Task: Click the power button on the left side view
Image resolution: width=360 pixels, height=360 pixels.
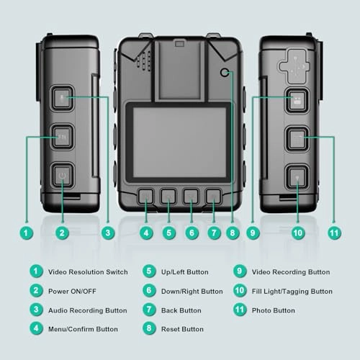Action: tap(62, 176)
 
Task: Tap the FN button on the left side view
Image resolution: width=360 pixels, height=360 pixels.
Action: tap(62, 137)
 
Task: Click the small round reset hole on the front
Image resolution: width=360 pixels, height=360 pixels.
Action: tap(225, 73)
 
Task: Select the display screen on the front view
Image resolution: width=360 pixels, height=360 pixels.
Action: tap(179, 143)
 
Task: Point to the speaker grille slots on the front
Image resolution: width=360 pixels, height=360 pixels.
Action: tap(144, 60)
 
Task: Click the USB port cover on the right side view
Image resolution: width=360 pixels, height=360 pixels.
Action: tap(292, 66)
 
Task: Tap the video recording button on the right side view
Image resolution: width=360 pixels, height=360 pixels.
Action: tap(297, 101)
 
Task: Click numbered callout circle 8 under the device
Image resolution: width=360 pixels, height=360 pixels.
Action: tap(233, 233)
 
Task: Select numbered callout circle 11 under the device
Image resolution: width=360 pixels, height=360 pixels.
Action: tap(334, 233)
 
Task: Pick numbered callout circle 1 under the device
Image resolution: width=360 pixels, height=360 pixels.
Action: tap(27, 233)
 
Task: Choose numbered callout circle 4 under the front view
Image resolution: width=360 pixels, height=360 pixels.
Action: tap(146, 233)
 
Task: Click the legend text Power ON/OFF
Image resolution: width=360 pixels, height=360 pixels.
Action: tap(72, 292)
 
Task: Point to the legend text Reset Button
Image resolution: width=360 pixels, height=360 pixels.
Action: tap(182, 329)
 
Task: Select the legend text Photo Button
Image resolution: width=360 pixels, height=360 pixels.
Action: tap(274, 310)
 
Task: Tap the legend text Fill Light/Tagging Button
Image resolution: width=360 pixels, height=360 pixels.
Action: tap(292, 292)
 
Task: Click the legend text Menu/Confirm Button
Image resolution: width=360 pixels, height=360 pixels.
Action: tap(83, 329)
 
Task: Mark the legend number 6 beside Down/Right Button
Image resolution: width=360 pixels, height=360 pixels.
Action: tap(149, 290)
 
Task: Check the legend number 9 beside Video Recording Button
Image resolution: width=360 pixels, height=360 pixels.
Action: tap(240, 271)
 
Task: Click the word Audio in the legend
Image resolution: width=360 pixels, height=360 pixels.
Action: tap(58, 310)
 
